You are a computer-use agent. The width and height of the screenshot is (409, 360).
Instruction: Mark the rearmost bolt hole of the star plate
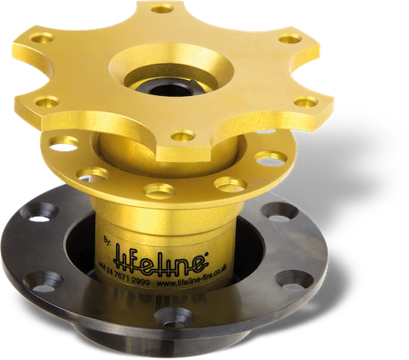pos(163,9)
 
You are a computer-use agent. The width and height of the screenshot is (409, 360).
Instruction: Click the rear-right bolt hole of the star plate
pos(290,38)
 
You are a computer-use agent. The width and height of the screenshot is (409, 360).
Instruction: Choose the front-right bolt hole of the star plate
pos(305,101)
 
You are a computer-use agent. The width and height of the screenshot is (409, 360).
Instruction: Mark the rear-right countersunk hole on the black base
pos(278,210)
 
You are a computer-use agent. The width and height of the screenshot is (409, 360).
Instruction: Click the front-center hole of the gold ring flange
pos(155,189)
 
